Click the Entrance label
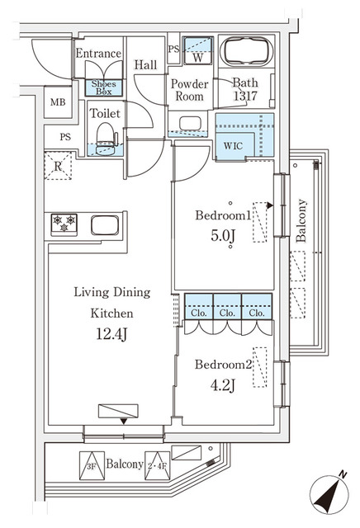(98, 54)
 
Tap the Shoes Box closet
(104, 87)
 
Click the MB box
(57, 102)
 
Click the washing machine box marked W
(197, 53)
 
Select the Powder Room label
(189, 89)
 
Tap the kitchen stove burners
(64, 223)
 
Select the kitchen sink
(106, 224)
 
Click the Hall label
(146, 65)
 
